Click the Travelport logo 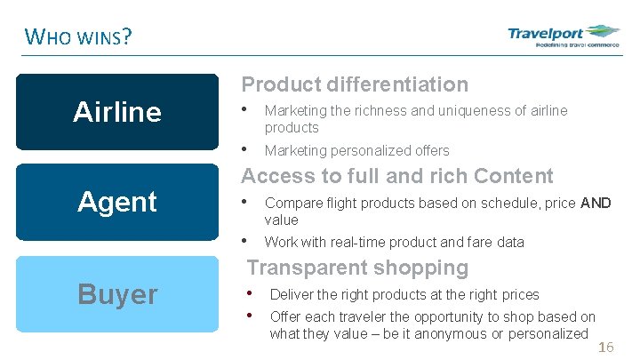(563, 37)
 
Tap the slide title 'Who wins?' (79, 37)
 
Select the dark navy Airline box (117, 112)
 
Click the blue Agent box (117, 202)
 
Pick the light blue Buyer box (117, 294)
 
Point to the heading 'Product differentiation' (355, 84)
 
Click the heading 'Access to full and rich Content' (397, 176)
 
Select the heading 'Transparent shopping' (357, 268)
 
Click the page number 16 (605, 347)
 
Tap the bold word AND (596, 204)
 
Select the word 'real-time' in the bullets (359, 242)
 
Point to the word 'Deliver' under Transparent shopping (291, 294)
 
